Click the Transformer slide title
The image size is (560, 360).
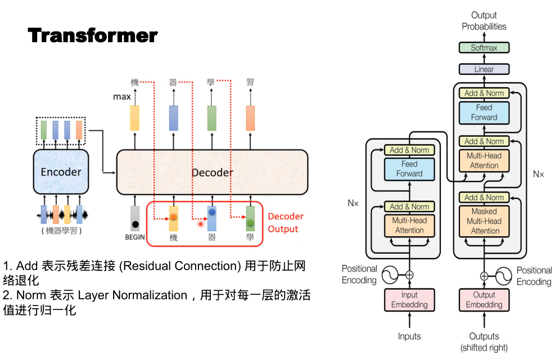point(93,35)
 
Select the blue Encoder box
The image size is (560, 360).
point(61,171)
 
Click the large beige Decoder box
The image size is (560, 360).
point(212,172)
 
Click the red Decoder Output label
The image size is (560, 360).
point(286,223)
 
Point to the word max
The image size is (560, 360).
point(122,97)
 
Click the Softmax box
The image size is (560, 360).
point(484,48)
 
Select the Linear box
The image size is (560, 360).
point(484,69)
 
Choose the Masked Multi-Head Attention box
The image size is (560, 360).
point(485,221)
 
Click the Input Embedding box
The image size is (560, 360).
point(409,300)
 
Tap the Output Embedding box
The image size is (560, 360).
point(484,300)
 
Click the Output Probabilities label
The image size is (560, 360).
point(484,21)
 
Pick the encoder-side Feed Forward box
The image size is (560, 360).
point(409,169)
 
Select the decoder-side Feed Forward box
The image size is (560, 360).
point(484,112)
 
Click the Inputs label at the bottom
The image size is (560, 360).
point(409,336)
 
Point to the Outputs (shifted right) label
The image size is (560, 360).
point(484,342)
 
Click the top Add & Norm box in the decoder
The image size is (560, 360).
point(484,93)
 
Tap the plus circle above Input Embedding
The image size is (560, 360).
point(409,275)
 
